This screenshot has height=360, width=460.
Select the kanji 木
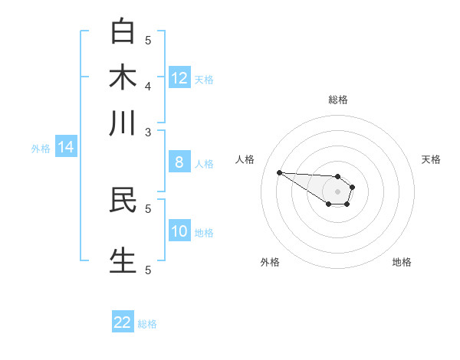123,77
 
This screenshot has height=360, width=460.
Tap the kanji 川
123,123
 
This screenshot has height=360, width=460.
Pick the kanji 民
123,199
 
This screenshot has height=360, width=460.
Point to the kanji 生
123,260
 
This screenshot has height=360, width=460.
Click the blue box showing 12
179,77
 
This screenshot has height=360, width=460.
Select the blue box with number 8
179,162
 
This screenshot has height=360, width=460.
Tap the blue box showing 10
179,232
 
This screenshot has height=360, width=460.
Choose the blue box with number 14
66,148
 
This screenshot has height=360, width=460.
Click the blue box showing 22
123,322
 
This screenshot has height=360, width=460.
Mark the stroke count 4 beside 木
148,85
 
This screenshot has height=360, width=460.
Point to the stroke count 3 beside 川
148,132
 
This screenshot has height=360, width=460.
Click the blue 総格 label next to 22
147,324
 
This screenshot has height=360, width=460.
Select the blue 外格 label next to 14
41,149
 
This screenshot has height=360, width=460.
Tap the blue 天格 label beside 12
204,79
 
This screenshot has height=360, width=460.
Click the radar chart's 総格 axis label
337,100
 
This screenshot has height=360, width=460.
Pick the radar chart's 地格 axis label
402,262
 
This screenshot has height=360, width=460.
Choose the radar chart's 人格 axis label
245,159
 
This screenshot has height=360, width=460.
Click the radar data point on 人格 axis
279,172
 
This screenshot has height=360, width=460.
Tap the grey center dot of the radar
337,191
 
